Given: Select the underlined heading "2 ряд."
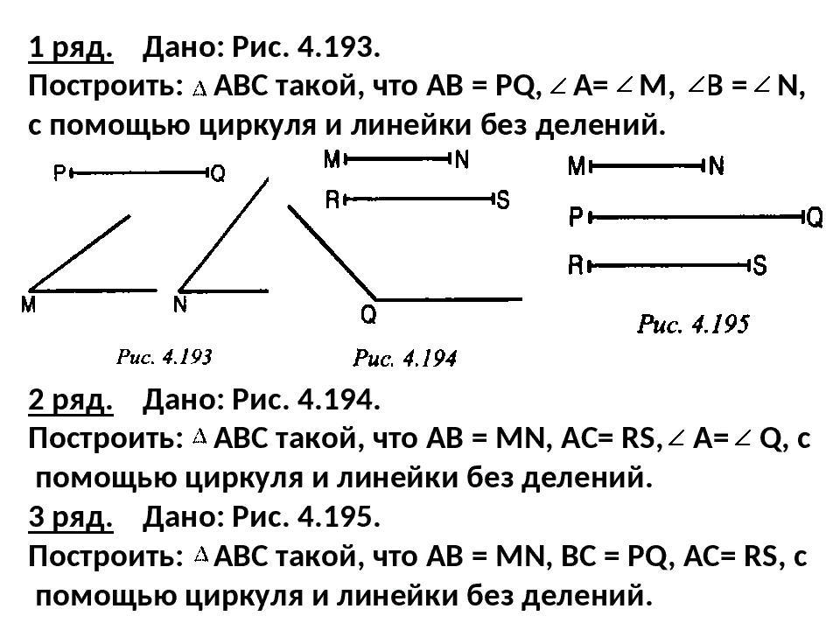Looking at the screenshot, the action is [x=71, y=401].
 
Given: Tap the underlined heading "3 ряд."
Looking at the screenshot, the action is [x=71, y=518].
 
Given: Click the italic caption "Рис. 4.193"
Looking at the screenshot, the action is [x=165, y=356].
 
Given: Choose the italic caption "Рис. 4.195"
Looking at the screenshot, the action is [x=693, y=325].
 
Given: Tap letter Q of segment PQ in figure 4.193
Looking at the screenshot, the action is [x=218, y=174].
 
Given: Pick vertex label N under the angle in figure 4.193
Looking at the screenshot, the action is [x=180, y=305].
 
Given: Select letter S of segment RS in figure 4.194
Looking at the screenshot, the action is [x=503, y=200].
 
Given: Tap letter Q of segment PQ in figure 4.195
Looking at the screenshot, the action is [x=814, y=217].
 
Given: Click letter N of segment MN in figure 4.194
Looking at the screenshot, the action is [x=462, y=159].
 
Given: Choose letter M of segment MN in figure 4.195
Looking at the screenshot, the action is [x=577, y=166].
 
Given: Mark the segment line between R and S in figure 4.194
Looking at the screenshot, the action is [x=420, y=199].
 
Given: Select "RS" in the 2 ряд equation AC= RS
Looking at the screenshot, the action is [x=637, y=439].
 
